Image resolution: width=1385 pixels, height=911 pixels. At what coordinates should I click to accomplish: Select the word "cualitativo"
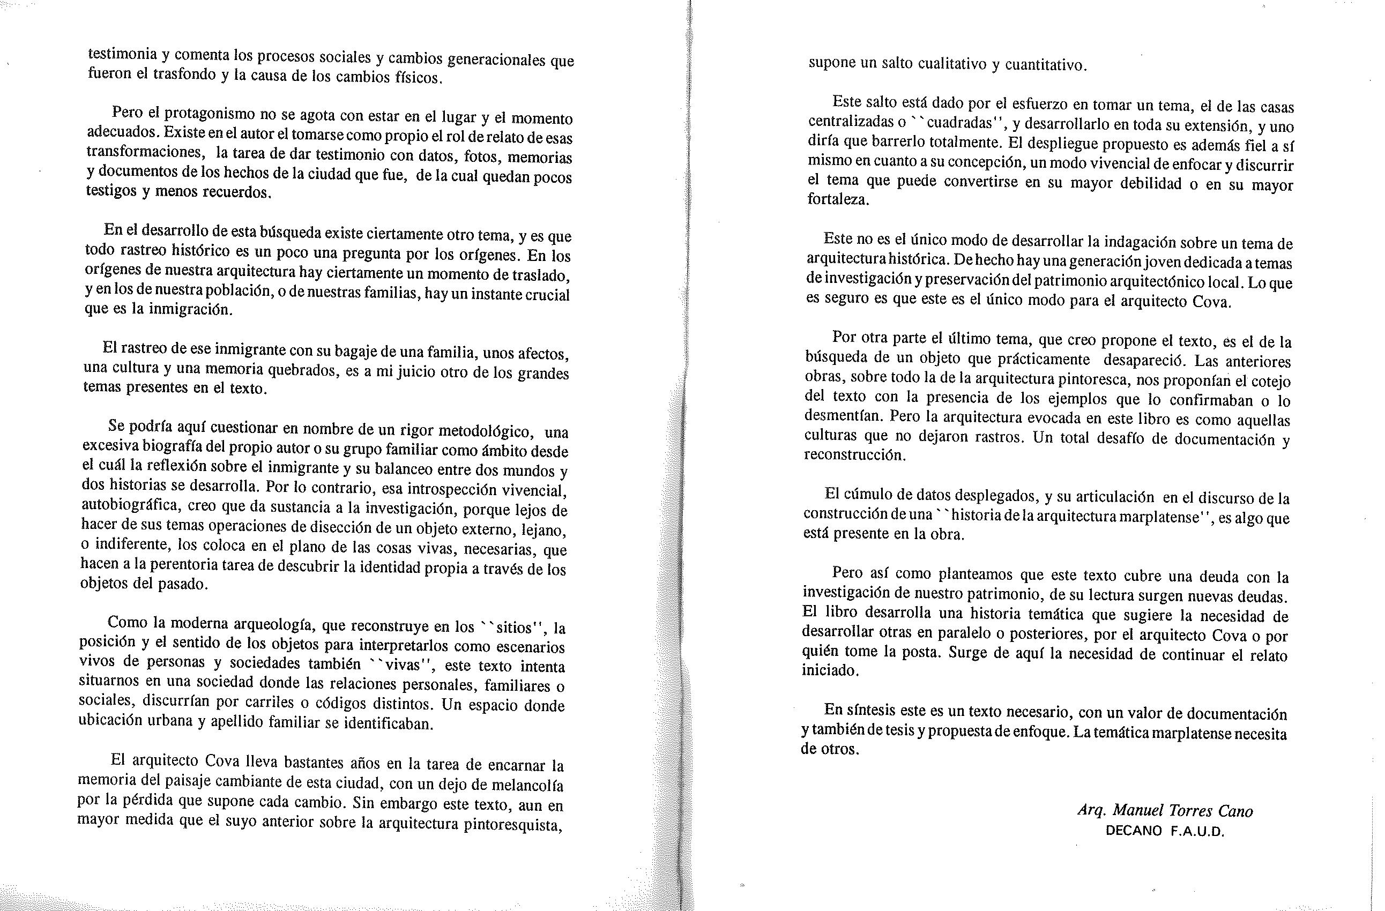(x=952, y=64)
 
